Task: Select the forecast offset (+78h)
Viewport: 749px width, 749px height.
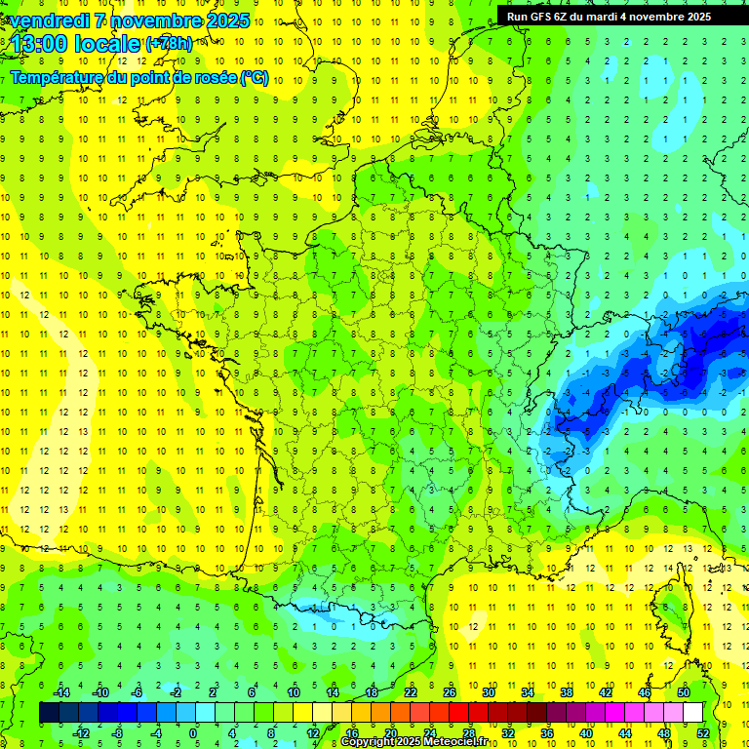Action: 169,43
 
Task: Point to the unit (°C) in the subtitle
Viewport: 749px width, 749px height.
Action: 255,78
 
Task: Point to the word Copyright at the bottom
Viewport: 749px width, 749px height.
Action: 368,742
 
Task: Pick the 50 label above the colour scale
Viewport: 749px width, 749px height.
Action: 684,692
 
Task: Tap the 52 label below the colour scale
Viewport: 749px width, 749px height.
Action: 703,733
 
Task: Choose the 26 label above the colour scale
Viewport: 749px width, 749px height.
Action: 450,692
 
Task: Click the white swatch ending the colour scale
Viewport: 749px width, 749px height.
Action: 693,713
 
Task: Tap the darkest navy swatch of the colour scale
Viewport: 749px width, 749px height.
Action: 49,713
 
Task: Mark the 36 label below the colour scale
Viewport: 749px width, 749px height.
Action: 547,733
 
